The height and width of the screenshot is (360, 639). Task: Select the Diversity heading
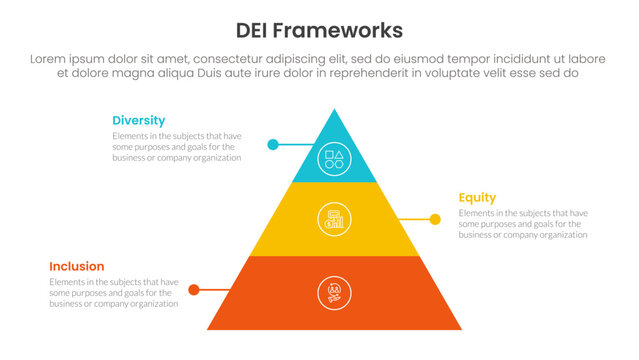(139, 120)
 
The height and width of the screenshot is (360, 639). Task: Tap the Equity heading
(477, 197)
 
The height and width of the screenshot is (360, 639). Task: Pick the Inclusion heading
(77, 266)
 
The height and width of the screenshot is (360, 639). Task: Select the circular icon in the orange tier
(333, 292)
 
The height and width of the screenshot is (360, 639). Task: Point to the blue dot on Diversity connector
(272, 144)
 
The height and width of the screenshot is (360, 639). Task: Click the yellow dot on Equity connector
(435, 219)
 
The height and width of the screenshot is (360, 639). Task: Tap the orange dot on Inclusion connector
(195, 290)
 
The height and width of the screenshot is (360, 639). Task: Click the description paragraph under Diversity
(176, 147)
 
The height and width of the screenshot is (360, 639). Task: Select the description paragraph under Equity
(523, 224)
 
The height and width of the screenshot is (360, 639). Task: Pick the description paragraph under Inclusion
(114, 292)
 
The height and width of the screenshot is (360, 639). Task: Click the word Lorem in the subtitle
(52, 59)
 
